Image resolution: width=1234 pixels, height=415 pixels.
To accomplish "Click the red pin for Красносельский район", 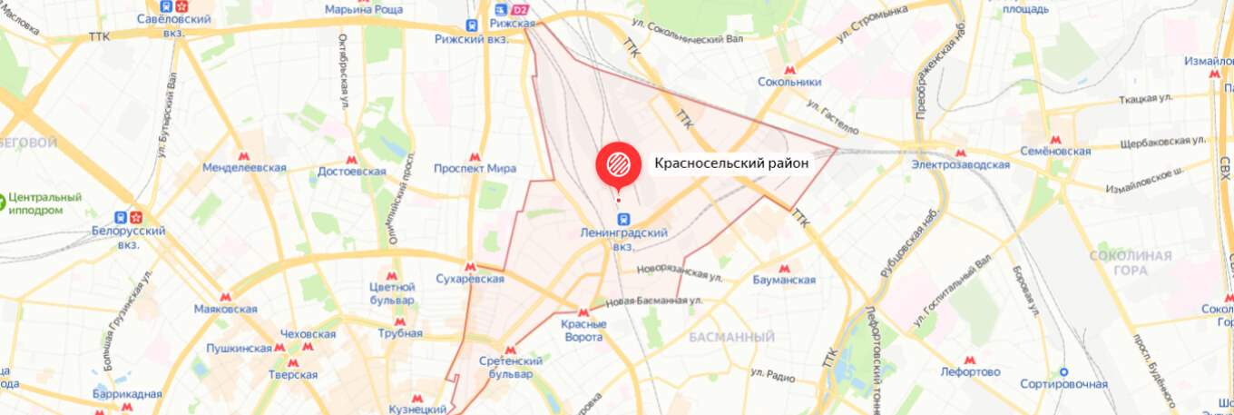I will tap(618, 163).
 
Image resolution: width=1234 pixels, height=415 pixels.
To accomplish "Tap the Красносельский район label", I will tap(731, 163).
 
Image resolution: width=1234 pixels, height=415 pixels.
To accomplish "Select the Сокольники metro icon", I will tap(789, 68).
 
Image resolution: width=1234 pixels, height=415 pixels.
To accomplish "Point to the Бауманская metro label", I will tap(785, 280).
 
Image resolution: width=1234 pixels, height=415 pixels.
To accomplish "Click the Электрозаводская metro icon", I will tap(961, 151).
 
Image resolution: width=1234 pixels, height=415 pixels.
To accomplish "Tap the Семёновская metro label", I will tap(1054, 152).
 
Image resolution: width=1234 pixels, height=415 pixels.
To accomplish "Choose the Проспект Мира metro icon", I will tap(475, 155).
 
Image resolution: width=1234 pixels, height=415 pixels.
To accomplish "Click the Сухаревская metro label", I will tap(470, 280).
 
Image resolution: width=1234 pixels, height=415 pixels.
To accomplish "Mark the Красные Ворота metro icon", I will tap(583, 312).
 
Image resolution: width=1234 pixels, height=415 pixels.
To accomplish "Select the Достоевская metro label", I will tap(352, 170).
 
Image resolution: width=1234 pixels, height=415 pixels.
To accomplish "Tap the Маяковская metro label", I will tap(226, 309).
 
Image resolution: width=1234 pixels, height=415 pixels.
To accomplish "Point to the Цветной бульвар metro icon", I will tap(392, 275).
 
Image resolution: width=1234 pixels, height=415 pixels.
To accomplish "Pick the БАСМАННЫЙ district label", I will tap(731, 338).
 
